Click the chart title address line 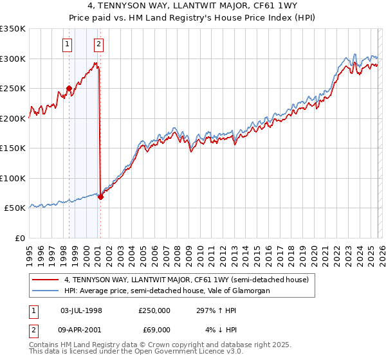click(193, 6)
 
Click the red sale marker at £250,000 click(69, 89)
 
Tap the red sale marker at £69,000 click(100, 197)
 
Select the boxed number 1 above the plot click(68, 44)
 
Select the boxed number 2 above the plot click(98, 44)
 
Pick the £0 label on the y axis click(19, 238)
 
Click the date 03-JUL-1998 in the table click(81, 310)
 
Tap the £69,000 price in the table click(154, 330)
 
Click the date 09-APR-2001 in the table click(81, 330)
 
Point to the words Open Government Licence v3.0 click(199, 353)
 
